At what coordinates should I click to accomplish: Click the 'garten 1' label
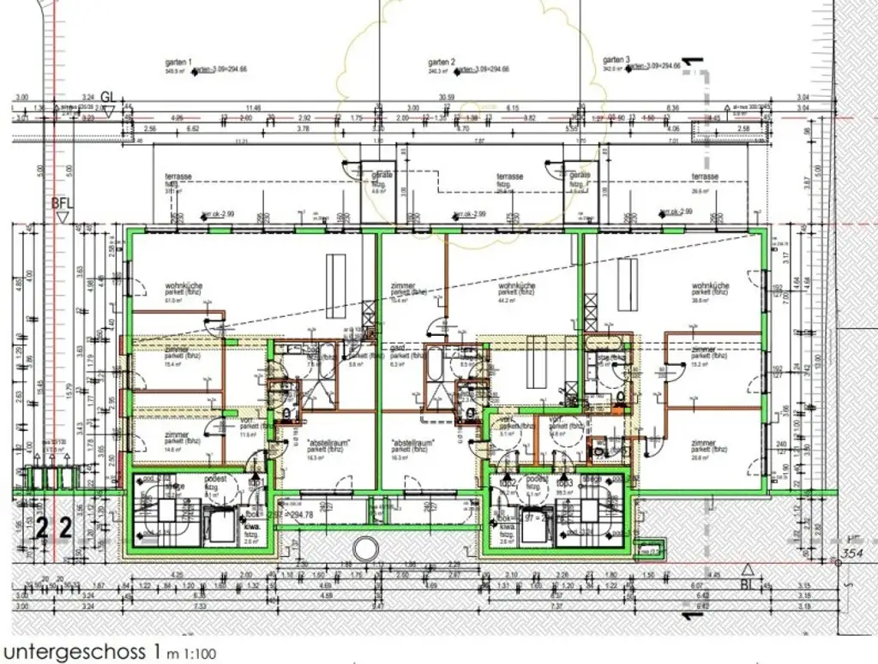[178, 63]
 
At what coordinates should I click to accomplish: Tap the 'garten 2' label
[441, 63]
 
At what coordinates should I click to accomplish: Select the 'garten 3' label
[616, 60]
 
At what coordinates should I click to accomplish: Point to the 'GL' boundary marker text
[108, 96]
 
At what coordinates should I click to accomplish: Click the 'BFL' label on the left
[62, 204]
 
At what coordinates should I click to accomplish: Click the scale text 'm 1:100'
[193, 654]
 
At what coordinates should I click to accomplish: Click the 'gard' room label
[396, 350]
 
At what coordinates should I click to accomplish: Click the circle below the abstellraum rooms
[365, 547]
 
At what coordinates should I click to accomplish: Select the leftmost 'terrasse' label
[178, 176]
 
